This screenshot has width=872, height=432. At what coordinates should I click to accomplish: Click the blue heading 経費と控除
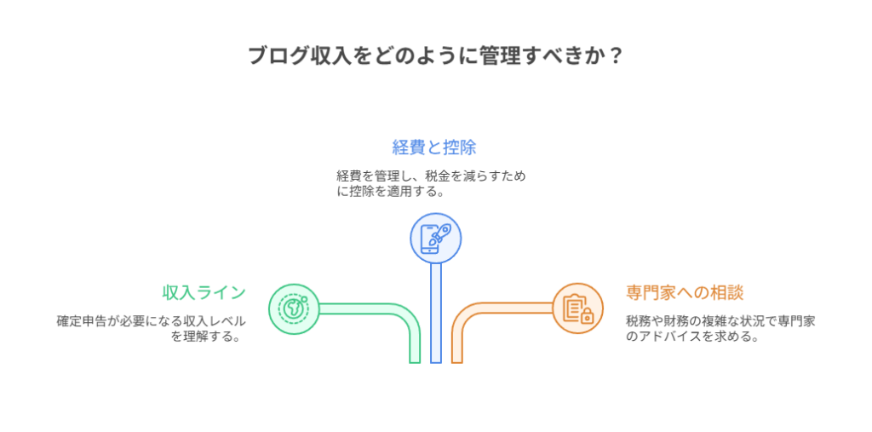click(x=434, y=147)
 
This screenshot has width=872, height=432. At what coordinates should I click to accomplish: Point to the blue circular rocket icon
click(x=436, y=237)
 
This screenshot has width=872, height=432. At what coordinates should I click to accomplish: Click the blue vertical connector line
click(x=436, y=315)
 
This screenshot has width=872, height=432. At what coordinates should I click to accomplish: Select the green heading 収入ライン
click(x=204, y=292)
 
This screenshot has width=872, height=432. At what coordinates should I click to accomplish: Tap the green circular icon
click(x=294, y=308)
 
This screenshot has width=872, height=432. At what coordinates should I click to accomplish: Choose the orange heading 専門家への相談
click(x=685, y=292)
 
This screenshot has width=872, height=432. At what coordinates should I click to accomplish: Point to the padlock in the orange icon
click(x=587, y=317)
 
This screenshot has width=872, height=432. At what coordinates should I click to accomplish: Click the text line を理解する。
click(x=204, y=337)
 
